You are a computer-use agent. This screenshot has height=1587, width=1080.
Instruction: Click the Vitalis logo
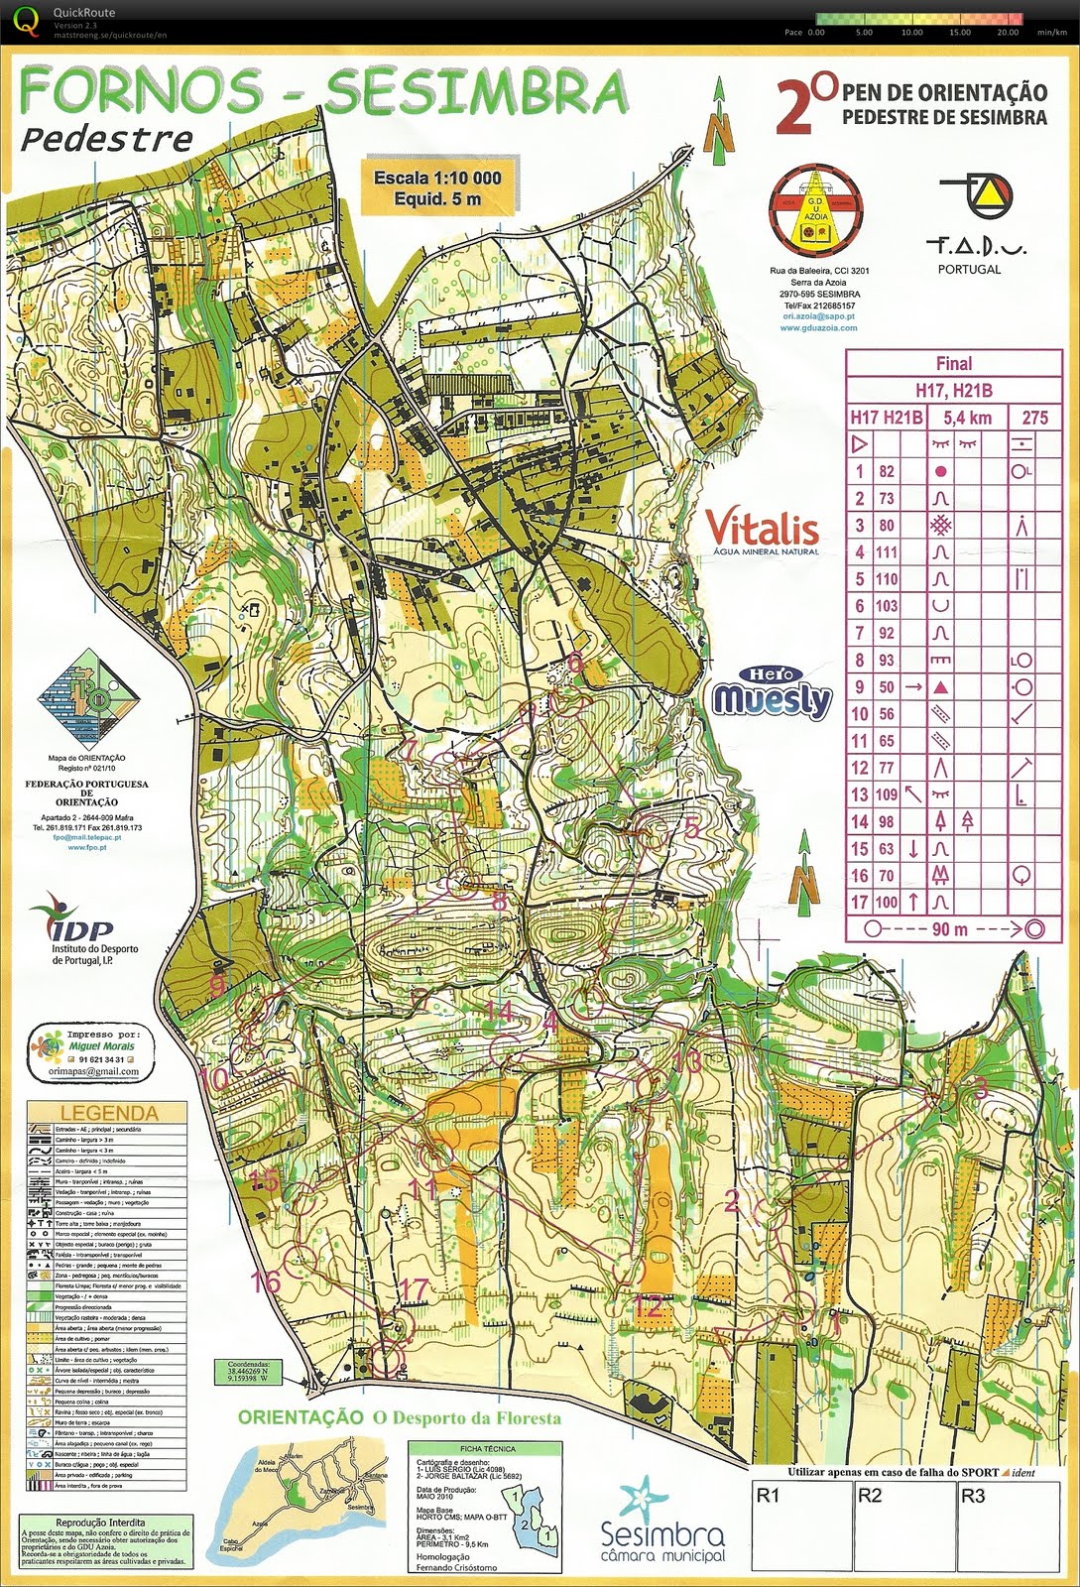click(x=762, y=531)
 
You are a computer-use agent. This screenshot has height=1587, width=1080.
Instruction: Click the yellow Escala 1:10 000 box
click(x=437, y=187)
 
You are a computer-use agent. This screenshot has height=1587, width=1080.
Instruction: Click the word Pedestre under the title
click(x=106, y=138)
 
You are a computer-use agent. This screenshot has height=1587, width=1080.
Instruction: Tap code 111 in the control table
click(x=886, y=552)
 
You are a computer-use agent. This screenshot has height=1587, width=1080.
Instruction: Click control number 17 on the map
click(x=416, y=1289)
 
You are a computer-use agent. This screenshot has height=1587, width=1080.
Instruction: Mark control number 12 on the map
click(x=648, y=1306)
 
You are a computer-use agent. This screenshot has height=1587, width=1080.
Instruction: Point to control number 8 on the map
click(x=500, y=901)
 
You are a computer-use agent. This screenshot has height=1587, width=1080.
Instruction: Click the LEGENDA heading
click(x=109, y=1112)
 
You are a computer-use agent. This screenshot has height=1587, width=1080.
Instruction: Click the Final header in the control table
click(x=953, y=364)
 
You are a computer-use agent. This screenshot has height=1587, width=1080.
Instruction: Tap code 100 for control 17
click(x=886, y=903)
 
